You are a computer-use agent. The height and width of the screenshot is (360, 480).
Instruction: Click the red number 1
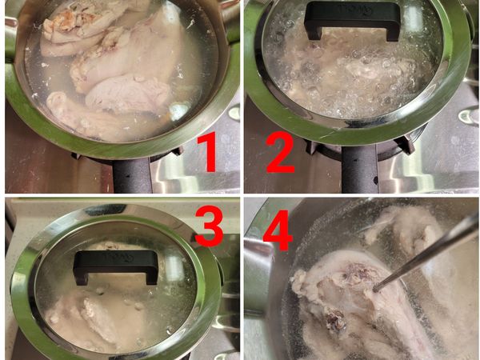point(208,152)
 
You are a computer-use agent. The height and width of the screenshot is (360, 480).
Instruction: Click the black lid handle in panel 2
point(352,20)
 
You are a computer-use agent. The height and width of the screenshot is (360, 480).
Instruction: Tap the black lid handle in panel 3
point(116,266)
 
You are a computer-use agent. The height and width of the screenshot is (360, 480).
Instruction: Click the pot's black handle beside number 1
point(132,175)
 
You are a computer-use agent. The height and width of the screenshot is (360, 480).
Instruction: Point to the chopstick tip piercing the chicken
point(374,288)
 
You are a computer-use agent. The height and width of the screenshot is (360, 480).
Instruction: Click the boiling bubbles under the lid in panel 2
point(352,77)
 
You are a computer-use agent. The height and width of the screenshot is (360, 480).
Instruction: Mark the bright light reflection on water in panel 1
point(178,111)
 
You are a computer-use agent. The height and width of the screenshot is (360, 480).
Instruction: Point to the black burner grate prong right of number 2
point(406,144)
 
